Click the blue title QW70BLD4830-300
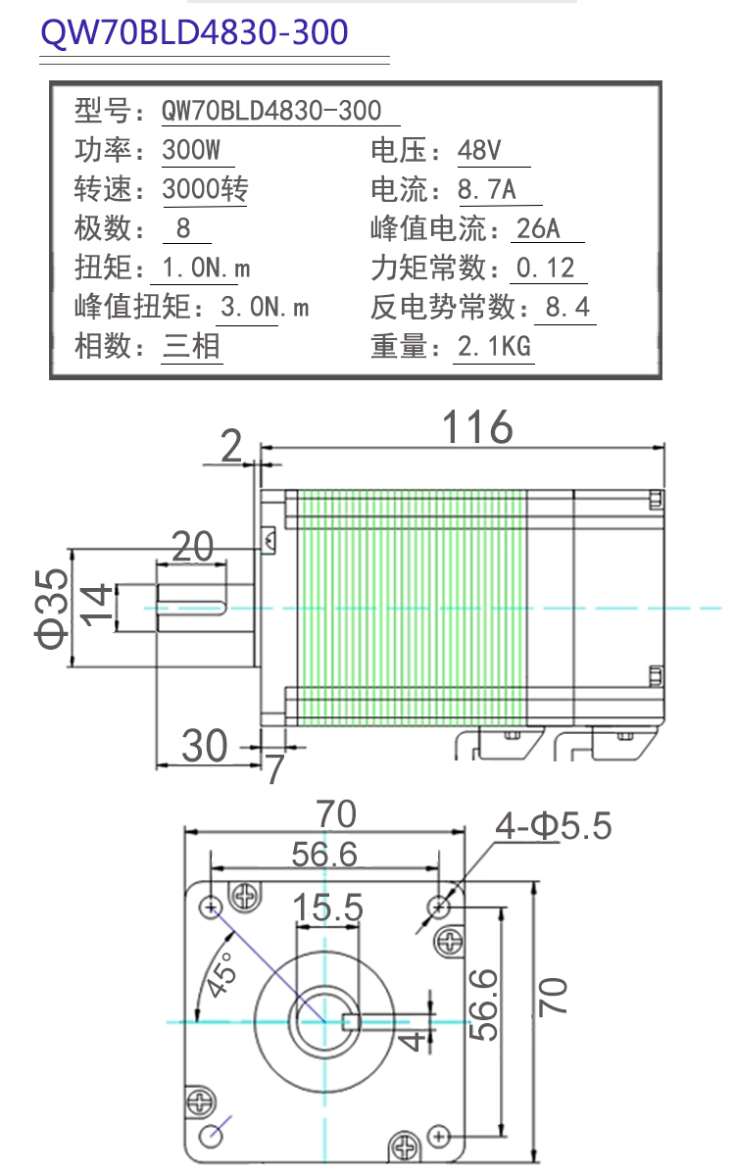coord(194,32)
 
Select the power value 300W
coord(191,150)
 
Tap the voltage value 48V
coord(479,150)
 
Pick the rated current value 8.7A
coord(487,189)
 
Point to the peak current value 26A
coord(538,228)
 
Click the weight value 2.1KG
coord(494,347)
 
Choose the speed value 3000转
coord(205,189)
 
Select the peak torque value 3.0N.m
coord(265,307)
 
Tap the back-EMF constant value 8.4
coord(567,307)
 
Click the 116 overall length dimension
coord(477,427)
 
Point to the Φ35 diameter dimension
coord(51,609)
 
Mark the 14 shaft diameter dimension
coord(96,606)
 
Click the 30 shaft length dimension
coord(204,746)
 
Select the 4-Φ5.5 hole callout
coord(554,826)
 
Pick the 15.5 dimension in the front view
coord(327,907)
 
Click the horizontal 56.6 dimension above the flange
coord(324,855)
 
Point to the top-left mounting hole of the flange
coord(211,906)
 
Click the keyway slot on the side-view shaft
coord(192,608)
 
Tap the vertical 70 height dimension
coord(553,997)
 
